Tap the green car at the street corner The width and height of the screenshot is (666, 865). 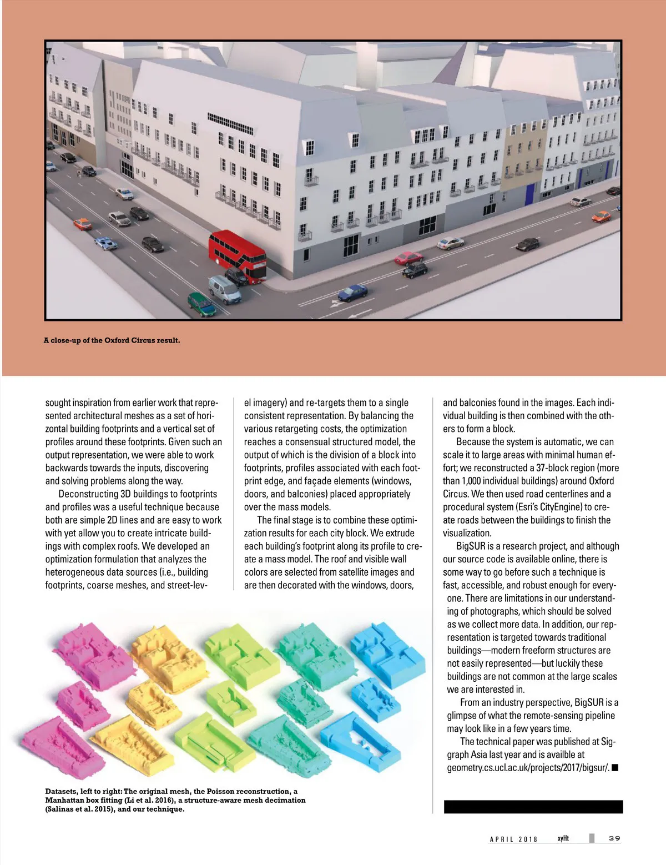(x=201, y=304)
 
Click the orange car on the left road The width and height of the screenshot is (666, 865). (x=83, y=224)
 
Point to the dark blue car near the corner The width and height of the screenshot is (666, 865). (x=352, y=292)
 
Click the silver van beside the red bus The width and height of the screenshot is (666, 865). (x=225, y=289)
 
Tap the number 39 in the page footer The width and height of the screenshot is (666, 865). (x=614, y=838)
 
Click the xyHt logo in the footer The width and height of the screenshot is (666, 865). (x=563, y=838)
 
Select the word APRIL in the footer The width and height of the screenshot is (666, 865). (x=502, y=839)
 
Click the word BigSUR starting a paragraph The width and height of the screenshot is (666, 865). (x=471, y=546)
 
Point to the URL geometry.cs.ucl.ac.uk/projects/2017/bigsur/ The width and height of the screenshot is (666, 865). (x=528, y=768)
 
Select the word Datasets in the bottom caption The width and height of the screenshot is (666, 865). (x=61, y=791)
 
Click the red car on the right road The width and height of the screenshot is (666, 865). (x=408, y=258)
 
